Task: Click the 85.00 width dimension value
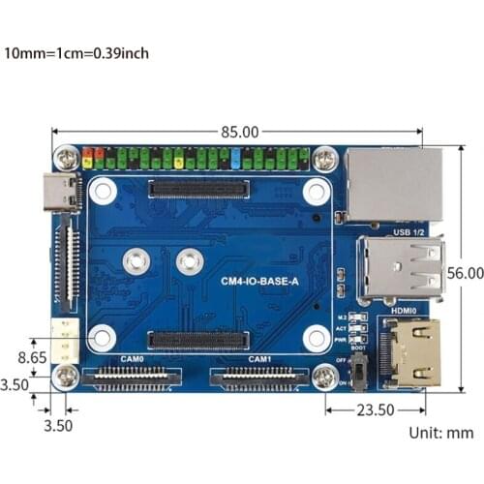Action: pyautogui.click(x=240, y=132)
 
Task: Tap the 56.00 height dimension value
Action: pyautogui.click(x=466, y=275)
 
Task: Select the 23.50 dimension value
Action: pyautogui.click(x=375, y=409)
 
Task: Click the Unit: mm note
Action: pyautogui.click(x=439, y=433)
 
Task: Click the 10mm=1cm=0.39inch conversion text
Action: pyautogui.click(x=76, y=52)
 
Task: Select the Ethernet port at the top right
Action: pyautogui.click(x=393, y=185)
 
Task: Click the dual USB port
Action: pyautogui.click(x=402, y=268)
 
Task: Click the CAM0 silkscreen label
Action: pyautogui.click(x=133, y=359)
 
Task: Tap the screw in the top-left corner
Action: pyautogui.click(x=66, y=156)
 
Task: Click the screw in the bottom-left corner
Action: pyautogui.click(x=66, y=376)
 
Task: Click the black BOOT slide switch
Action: pyautogui.click(x=360, y=371)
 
